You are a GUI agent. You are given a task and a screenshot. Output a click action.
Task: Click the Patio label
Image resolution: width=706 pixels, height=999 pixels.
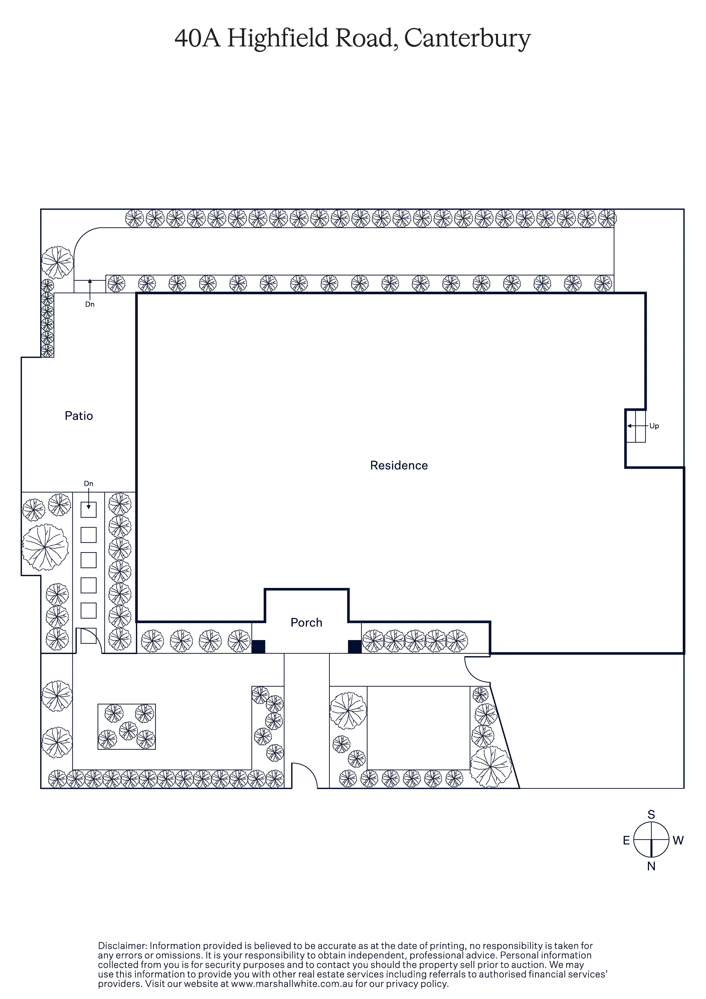pos(79,416)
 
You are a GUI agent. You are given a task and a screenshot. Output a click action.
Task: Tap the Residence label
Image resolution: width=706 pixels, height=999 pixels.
pos(399,465)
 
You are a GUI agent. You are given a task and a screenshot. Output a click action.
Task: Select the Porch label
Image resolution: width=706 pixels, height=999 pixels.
pos(307,623)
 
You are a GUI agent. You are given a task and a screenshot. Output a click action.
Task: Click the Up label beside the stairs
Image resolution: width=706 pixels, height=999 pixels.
pos(654,426)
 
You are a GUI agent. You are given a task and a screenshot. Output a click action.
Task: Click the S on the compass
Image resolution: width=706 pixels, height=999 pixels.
pos(651,814)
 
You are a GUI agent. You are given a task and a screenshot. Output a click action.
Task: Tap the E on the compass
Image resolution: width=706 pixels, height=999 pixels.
pos(626,841)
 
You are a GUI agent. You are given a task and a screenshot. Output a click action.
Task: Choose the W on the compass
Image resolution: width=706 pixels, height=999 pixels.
pos(678,841)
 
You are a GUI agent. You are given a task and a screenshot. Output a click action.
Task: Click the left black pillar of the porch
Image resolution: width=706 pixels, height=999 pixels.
pos(258,647)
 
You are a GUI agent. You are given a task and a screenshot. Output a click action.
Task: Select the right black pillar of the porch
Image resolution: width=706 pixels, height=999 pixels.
pos(355,647)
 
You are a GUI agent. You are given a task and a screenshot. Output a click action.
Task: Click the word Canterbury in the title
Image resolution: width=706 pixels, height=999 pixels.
pos(468,38)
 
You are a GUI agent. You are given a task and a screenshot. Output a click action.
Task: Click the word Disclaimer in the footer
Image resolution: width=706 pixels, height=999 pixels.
pos(122,946)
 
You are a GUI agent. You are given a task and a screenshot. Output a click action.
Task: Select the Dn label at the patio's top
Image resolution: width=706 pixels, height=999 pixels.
pos(90,304)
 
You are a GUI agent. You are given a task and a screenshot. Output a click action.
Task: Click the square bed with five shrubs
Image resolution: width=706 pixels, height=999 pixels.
pos(127,727)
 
